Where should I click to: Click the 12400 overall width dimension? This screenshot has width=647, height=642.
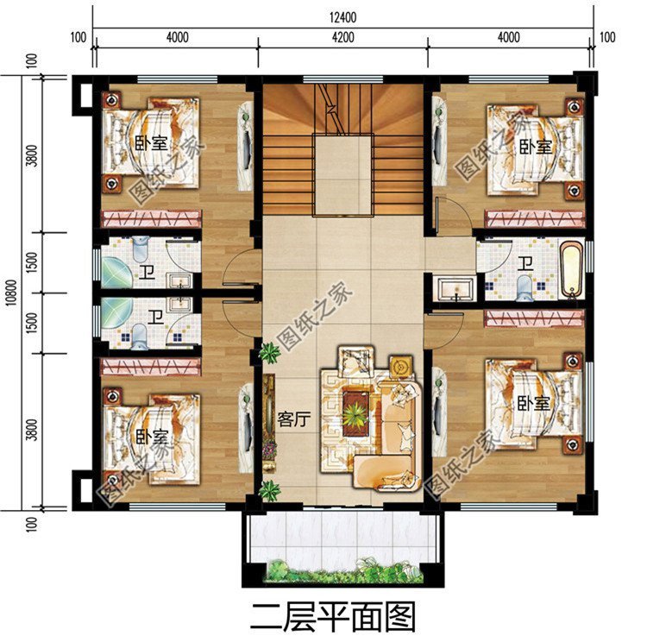click(x=342, y=17)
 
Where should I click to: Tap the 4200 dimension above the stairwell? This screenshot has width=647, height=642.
click(x=342, y=38)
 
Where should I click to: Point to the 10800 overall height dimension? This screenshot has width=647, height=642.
click(x=11, y=293)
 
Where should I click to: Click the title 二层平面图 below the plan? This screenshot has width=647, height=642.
click(x=333, y=616)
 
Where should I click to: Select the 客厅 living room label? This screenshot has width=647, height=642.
click(x=294, y=419)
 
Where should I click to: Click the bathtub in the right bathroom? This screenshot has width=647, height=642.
click(x=571, y=269)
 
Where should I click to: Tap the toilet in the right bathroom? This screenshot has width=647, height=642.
click(x=525, y=286)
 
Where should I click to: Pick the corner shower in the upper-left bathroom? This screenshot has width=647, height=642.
click(x=116, y=272)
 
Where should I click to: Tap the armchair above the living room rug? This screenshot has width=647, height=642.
click(x=356, y=362)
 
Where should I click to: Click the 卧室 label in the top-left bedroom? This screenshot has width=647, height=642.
click(x=152, y=143)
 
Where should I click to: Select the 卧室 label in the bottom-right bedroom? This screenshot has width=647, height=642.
click(x=533, y=403)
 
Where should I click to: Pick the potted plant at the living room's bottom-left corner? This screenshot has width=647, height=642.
click(x=270, y=490)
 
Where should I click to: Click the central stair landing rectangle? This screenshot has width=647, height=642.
click(x=343, y=174)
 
